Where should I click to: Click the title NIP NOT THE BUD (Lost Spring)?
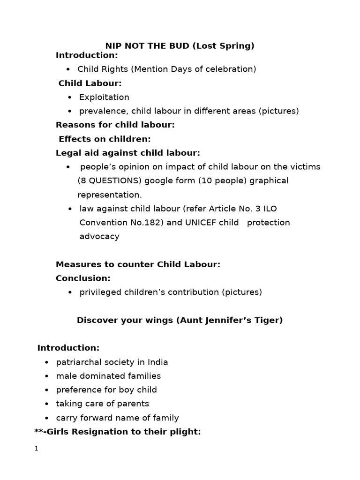180,45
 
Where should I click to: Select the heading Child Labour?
90,83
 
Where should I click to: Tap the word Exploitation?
104,97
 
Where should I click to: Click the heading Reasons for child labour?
115,125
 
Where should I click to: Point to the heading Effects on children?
105,139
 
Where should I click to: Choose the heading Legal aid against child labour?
127,153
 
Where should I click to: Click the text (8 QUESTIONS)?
109,180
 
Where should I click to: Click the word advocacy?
99,236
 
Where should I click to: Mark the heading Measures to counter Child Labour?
138,264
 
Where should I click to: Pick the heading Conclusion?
83,278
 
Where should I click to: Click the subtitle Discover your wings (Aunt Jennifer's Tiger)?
180,320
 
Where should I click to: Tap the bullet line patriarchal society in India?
112,362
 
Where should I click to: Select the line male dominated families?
108,376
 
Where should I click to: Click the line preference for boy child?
106,390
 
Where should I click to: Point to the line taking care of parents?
102,404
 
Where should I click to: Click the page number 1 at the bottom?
36,449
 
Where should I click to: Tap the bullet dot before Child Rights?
68,69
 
